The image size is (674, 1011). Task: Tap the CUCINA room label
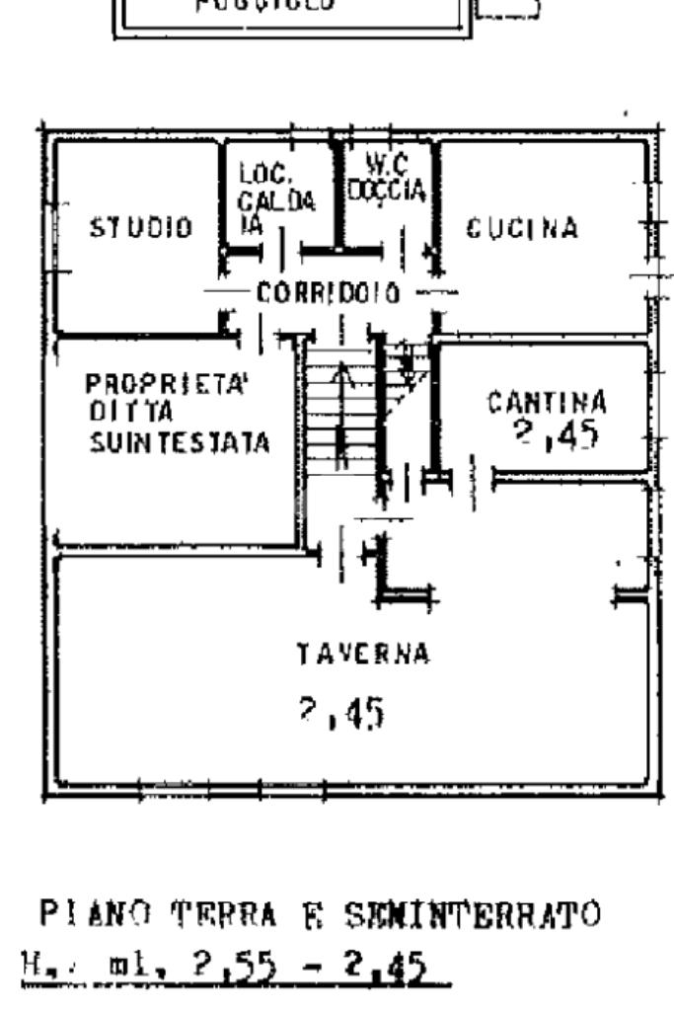(522, 228)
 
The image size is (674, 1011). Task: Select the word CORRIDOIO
(328, 293)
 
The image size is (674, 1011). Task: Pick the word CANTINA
(547, 402)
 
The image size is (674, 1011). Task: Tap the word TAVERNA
(363, 654)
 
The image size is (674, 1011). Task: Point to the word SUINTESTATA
(179, 443)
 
